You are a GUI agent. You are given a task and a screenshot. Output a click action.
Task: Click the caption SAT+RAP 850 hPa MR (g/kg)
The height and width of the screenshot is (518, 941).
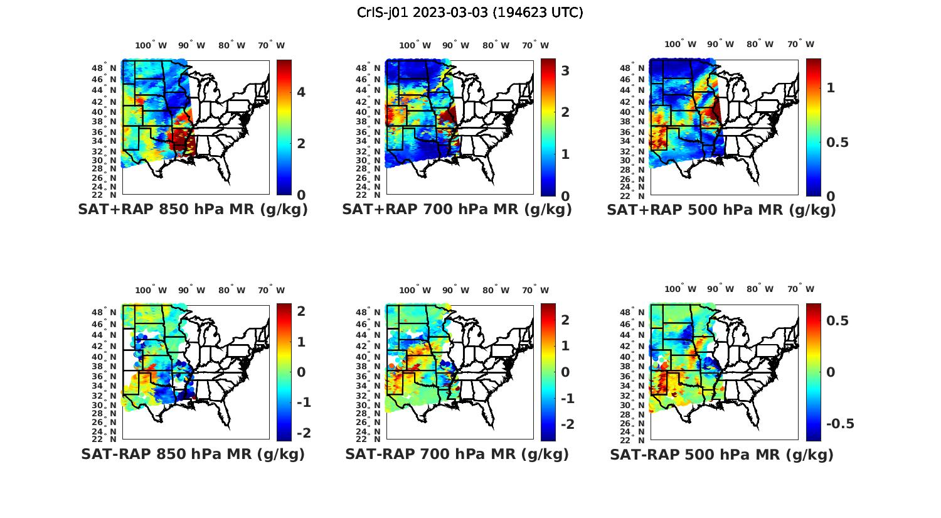pyautogui.click(x=193, y=210)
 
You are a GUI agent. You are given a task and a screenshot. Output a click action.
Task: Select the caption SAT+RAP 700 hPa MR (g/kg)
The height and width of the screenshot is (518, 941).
pyautogui.click(x=457, y=210)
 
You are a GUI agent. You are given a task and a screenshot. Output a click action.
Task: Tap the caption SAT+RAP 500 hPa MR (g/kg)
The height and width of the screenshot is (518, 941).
pyautogui.click(x=721, y=210)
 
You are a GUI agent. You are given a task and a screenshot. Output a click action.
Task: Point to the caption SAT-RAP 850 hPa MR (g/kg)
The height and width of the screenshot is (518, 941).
pyautogui.click(x=193, y=454)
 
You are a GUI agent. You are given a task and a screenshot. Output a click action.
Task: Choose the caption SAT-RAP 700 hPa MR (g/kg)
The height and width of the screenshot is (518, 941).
pyautogui.click(x=457, y=454)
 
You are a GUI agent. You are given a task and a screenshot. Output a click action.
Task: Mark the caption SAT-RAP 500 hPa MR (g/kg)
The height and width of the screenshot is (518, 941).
pyautogui.click(x=721, y=454)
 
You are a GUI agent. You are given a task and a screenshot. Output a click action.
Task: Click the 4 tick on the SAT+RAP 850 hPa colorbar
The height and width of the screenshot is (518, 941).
pyautogui.click(x=301, y=92)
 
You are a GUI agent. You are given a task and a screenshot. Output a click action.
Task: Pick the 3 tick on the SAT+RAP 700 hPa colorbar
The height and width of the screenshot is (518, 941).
pyautogui.click(x=565, y=71)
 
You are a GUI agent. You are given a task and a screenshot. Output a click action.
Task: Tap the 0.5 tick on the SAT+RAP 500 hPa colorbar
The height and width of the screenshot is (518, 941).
pyautogui.click(x=837, y=143)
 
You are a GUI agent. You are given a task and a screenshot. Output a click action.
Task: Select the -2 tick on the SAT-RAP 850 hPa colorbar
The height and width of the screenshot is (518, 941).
pyautogui.click(x=303, y=433)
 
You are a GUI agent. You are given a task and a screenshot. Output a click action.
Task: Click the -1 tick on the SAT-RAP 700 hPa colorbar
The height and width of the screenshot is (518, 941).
pyautogui.click(x=567, y=399)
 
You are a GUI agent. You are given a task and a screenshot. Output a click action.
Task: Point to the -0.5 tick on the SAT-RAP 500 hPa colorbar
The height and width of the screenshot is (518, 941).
pyautogui.click(x=839, y=424)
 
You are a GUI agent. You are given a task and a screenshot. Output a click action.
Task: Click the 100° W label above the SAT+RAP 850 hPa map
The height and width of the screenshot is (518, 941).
pyautogui.click(x=151, y=45)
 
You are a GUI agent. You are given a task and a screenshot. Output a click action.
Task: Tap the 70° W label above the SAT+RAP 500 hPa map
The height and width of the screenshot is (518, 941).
pyautogui.click(x=801, y=44)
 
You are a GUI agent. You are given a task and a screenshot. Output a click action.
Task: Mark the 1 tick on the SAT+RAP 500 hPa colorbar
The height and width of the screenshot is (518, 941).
pyautogui.click(x=831, y=88)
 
